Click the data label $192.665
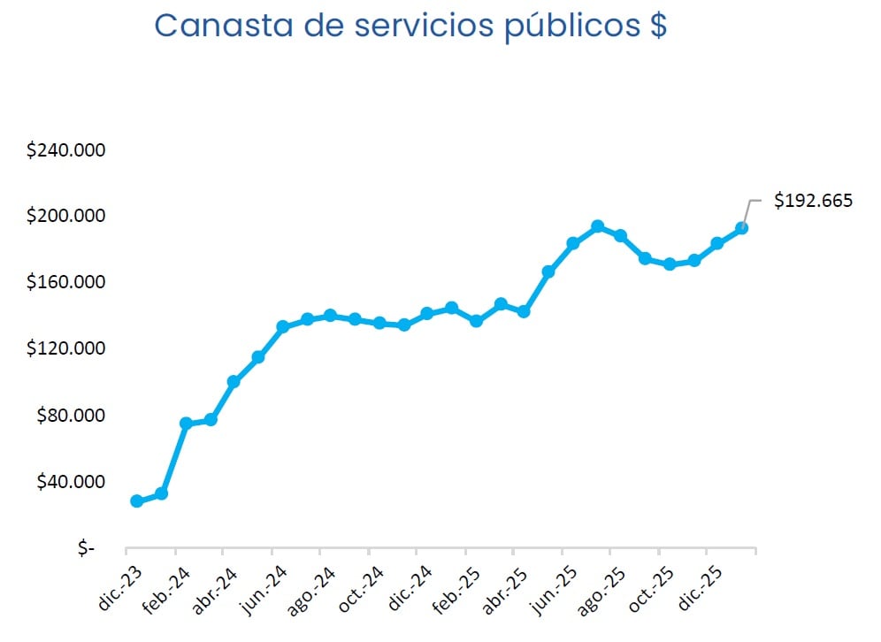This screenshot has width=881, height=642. (x=813, y=201)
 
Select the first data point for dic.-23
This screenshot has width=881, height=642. (x=136, y=501)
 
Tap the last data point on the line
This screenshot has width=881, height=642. (x=742, y=228)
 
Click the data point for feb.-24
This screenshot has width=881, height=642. (x=186, y=424)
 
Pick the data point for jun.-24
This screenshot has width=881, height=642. (x=283, y=327)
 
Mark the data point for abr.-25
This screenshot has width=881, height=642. (x=524, y=311)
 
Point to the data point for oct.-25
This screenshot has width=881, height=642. (x=670, y=264)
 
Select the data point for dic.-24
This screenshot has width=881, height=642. (x=427, y=313)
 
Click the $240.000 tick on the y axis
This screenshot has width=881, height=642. (x=66, y=150)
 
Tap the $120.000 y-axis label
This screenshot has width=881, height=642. (x=66, y=348)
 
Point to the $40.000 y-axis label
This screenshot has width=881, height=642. (x=70, y=482)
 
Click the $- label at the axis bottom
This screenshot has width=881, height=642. (x=85, y=548)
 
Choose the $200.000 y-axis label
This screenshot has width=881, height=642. (x=66, y=217)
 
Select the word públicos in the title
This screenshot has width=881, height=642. (x=569, y=26)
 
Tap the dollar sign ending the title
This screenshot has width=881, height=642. (x=655, y=26)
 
